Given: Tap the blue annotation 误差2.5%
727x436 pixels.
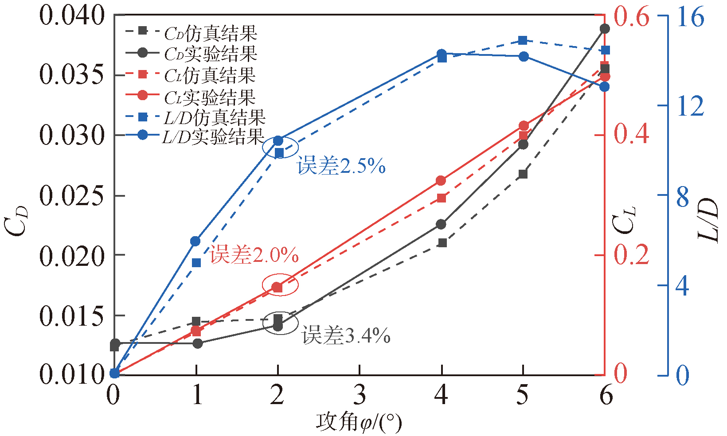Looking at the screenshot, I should point(341,166).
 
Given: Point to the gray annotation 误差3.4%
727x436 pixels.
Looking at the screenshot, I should point(346,335).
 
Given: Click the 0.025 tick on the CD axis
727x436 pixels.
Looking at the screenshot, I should point(71,195).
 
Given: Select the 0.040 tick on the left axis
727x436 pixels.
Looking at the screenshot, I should point(71,16).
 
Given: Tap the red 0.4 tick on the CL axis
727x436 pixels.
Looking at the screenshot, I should point(631,134).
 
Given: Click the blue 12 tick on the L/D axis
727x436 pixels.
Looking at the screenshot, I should point(690,106).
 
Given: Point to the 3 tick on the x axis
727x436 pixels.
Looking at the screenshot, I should point(360,394).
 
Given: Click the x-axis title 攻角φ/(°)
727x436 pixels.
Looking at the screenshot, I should point(359,422).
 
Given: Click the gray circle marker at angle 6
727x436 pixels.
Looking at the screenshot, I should point(605,29).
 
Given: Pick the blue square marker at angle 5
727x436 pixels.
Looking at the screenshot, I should point(523,41).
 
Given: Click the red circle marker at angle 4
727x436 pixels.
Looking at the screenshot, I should point(441,181).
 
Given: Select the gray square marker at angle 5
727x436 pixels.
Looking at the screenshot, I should point(523,174).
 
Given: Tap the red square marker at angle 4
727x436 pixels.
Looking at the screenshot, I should point(442,198).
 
